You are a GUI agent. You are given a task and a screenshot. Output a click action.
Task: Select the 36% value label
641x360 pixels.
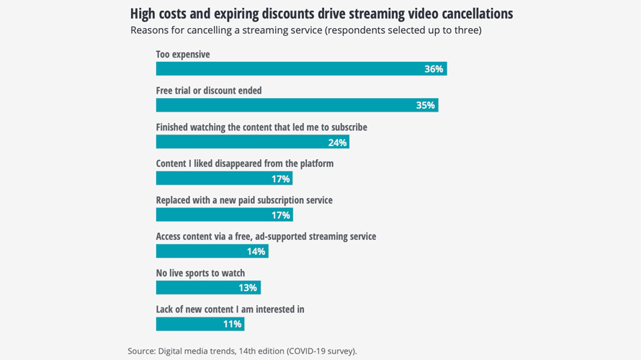[434, 69]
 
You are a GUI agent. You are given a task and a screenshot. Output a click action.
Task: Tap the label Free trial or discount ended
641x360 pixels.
[209, 91]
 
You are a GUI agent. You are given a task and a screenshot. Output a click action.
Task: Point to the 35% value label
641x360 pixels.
[425, 105]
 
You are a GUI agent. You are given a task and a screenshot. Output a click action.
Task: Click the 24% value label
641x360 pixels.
[337, 143]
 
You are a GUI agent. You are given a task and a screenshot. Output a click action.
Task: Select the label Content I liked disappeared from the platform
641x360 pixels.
[245, 163]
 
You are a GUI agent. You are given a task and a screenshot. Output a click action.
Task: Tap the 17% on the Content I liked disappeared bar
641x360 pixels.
[280, 179]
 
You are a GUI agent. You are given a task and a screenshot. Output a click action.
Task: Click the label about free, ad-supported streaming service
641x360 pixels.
[266, 236]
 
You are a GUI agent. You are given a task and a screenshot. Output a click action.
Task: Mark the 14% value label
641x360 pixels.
[256, 251]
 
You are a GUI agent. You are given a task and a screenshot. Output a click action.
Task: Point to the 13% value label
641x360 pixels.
[248, 287]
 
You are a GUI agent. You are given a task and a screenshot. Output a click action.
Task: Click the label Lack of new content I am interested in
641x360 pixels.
[230, 309]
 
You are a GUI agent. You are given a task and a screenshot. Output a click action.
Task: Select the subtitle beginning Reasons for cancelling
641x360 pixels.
[306, 30]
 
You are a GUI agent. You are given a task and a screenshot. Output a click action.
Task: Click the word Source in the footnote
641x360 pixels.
[142, 351]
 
